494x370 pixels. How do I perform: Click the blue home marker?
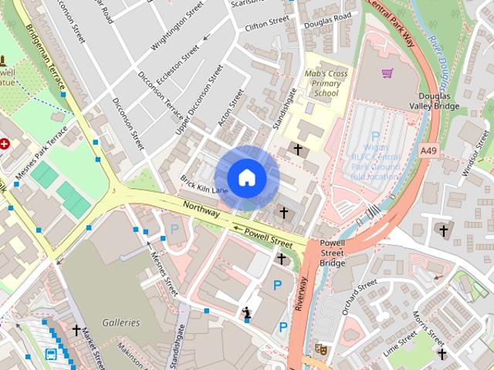click(x=247, y=178)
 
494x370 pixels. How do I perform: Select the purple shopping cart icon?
click(x=387, y=73)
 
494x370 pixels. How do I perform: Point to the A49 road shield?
click(x=429, y=148)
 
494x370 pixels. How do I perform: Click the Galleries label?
click(x=121, y=322)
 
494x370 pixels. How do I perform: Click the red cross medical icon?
click(x=4, y=143)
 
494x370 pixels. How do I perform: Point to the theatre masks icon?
click(x=320, y=349)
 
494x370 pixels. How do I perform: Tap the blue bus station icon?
click(x=51, y=355)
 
